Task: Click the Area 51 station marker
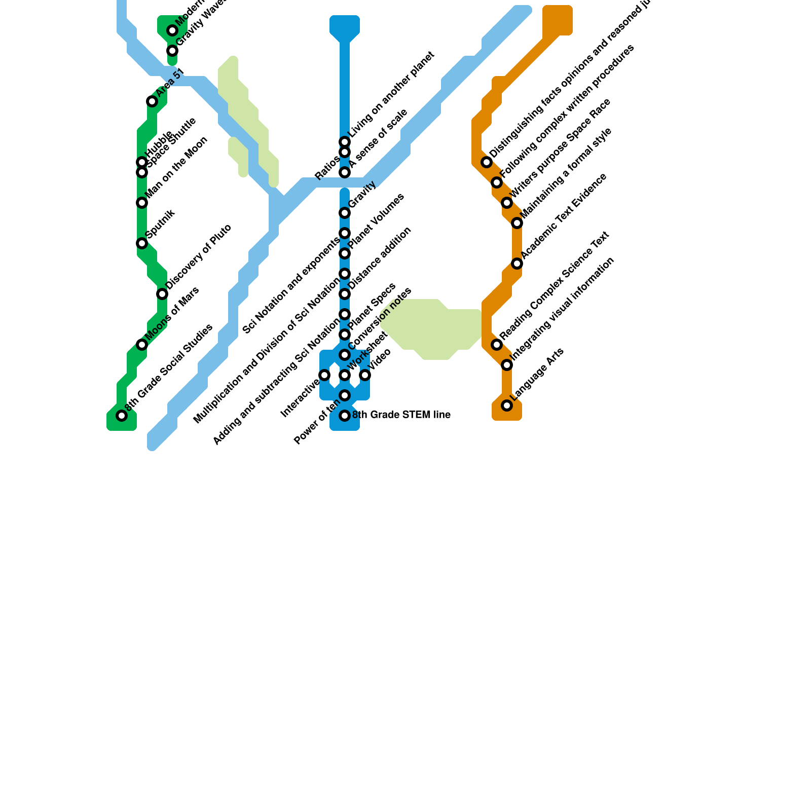[x=152, y=101]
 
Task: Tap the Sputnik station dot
[x=142, y=243]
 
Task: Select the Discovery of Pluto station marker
[x=162, y=294]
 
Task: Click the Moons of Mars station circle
[x=142, y=345]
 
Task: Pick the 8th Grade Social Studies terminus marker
[x=122, y=416]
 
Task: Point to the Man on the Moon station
[x=142, y=203]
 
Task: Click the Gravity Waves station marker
[x=172, y=51]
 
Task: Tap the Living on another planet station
[x=345, y=142]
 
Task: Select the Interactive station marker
[x=324, y=375]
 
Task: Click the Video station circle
[x=365, y=375]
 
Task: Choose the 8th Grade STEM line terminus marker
[x=345, y=416]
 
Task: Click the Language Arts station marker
[x=507, y=405]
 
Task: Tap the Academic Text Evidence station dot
[x=517, y=264]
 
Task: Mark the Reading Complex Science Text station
[x=497, y=345]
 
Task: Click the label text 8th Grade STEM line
[x=401, y=415]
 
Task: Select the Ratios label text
[x=327, y=168]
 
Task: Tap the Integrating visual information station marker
[x=507, y=365]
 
